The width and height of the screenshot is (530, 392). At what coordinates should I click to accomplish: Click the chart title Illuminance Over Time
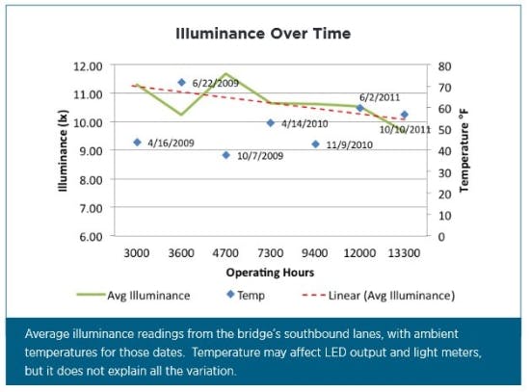(x=263, y=34)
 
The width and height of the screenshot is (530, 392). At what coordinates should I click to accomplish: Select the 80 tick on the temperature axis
(x=444, y=65)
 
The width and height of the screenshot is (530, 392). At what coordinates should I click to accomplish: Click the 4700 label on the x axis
(x=225, y=252)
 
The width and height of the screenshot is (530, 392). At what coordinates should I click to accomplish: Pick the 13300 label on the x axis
(x=404, y=252)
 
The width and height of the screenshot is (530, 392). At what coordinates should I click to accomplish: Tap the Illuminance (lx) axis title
(x=63, y=152)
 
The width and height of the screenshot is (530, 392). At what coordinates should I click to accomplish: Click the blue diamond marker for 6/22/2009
(x=181, y=83)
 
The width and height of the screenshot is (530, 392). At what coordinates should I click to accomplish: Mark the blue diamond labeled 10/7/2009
(x=225, y=155)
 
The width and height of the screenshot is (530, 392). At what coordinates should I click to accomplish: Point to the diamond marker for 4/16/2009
(x=137, y=143)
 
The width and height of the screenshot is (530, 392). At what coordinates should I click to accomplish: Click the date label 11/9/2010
(x=349, y=144)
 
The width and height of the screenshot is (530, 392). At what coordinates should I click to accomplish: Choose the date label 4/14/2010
(x=305, y=123)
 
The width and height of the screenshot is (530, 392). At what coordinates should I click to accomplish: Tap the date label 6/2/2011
(x=379, y=97)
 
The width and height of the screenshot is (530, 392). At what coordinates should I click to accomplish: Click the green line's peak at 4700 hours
(x=225, y=73)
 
